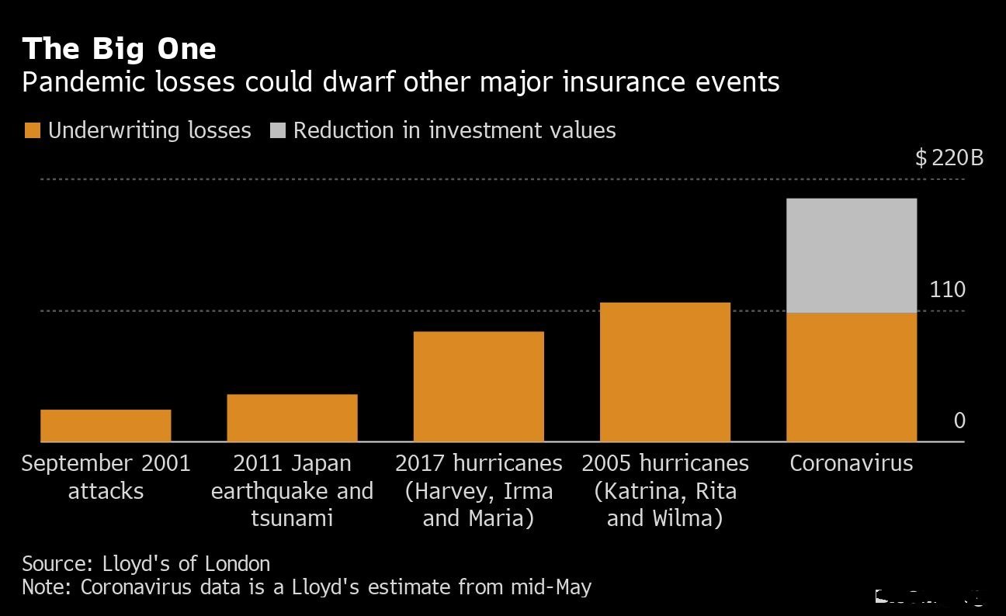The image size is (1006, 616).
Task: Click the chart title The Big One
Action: tap(119, 49)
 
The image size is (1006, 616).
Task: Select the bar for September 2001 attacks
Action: tap(106, 425)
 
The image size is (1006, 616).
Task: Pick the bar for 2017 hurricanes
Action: tap(478, 386)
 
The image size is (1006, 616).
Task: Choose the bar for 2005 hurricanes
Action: tap(665, 372)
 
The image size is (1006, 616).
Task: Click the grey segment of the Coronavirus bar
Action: tap(852, 255)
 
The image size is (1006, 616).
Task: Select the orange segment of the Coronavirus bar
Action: tap(852, 377)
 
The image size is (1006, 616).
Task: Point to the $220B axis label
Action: tap(949, 158)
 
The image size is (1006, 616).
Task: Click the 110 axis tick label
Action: tap(948, 290)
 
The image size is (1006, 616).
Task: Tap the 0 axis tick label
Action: tap(959, 420)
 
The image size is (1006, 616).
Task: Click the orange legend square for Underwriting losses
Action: tap(32, 130)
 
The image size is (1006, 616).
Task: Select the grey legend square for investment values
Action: tap(277, 130)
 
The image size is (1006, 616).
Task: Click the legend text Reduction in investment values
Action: tap(454, 130)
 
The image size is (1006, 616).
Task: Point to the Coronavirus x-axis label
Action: tap(852, 463)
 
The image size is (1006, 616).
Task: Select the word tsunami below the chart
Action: tap(292, 517)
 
